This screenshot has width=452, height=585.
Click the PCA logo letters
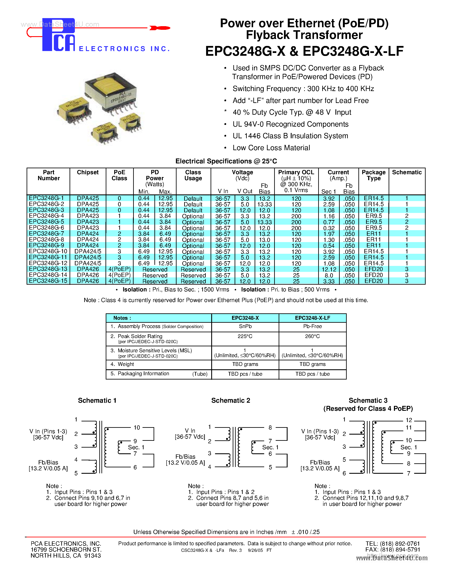[x=58, y=36]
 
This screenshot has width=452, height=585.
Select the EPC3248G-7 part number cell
[x=47, y=234]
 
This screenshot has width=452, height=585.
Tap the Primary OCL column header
[x=296, y=173]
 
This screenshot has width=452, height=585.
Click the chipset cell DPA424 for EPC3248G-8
[x=88, y=240]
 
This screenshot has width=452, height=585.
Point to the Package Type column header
[x=373, y=175]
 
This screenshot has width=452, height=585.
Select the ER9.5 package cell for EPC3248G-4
[x=374, y=216]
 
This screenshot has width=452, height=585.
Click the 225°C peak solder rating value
[x=245, y=336]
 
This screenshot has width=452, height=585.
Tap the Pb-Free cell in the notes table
[x=312, y=326]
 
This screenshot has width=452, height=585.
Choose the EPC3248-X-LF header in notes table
[x=312, y=318]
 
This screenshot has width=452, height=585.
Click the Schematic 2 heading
[x=231, y=400]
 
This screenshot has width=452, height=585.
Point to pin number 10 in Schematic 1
[x=137, y=428]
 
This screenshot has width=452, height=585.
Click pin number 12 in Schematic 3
[x=409, y=420]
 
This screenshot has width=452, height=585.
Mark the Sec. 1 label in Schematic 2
[x=270, y=447]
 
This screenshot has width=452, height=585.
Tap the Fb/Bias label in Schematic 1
[x=48, y=462]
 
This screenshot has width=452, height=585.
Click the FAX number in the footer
[x=393, y=550]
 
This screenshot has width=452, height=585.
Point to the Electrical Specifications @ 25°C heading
[x=226, y=161]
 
